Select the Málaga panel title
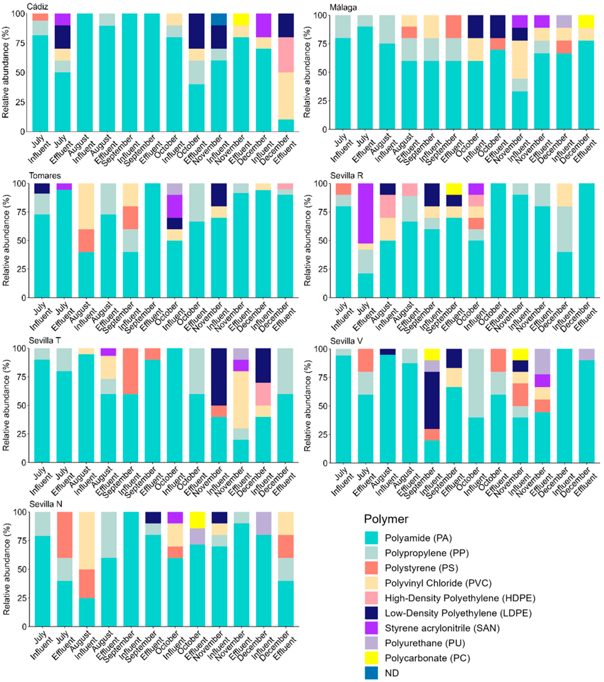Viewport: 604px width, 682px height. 343,7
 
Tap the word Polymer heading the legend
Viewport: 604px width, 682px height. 386,519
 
